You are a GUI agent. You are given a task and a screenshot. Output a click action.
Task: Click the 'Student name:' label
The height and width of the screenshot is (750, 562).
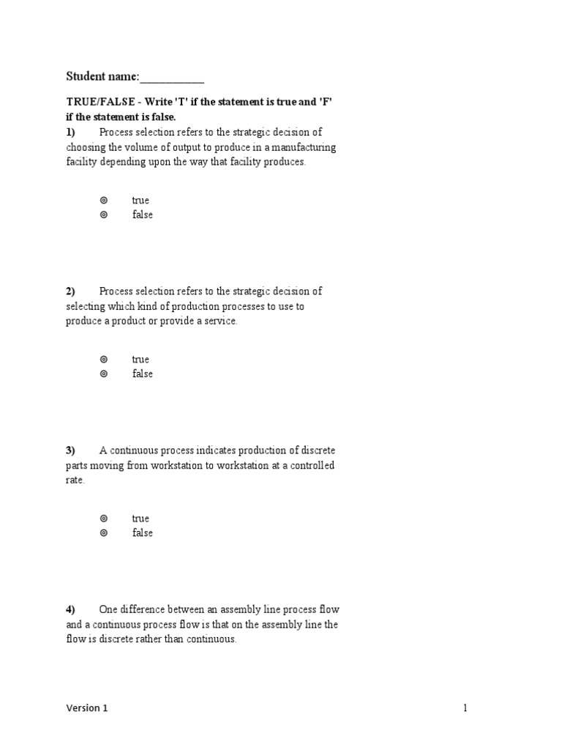click(x=102, y=76)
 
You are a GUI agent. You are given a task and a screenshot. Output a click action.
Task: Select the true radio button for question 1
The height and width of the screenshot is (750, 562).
click(x=104, y=200)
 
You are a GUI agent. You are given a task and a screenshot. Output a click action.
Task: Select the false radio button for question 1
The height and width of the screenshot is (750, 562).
click(x=104, y=215)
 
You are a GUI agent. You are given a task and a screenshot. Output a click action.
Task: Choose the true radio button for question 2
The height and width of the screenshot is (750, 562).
click(x=104, y=359)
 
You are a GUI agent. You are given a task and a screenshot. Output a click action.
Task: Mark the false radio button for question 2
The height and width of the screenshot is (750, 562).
click(x=104, y=374)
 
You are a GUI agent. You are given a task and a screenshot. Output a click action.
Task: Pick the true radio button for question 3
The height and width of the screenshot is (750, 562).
click(x=104, y=518)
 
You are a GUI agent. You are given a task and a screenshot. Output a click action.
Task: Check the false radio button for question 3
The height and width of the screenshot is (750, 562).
click(x=104, y=532)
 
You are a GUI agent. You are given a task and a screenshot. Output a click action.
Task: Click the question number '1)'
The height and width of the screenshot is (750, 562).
click(x=70, y=132)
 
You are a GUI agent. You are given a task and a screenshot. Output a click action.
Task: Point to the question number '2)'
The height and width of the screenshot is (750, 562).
click(x=70, y=291)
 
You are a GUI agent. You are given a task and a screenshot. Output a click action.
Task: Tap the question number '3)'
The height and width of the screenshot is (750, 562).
click(x=70, y=450)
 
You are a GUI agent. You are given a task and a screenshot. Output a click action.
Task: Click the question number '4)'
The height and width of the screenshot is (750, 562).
click(x=70, y=609)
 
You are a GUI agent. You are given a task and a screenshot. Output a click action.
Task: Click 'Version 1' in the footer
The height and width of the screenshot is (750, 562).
click(x=86, y=708)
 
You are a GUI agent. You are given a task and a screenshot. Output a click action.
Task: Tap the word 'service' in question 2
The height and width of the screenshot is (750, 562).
click(x=221, y=322)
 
